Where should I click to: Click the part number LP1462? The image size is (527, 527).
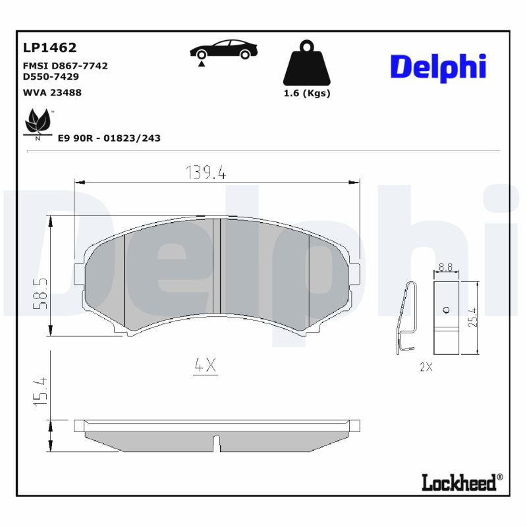click(50, 47)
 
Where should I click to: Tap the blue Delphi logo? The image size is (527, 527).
click(438, 67)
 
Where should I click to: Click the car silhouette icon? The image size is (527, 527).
click(223, 50)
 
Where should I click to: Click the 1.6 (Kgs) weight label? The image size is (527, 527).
click(306, 93)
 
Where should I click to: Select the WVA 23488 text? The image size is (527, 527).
click(52, 92)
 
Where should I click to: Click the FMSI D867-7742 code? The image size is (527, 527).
click(65, 66)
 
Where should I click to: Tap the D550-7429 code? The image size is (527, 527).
click(51, 76)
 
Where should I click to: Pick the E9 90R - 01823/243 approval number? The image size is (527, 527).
click(109, 138)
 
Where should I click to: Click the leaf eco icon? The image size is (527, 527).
click(37, 124)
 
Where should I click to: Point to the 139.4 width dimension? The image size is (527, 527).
click(206, 173)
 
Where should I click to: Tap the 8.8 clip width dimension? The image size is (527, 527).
click(445, 267)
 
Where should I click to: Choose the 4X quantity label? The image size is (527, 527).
click(206, 366)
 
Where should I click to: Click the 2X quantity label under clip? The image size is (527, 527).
click(426, 368)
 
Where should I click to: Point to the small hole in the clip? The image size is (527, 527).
click(446, 310)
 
